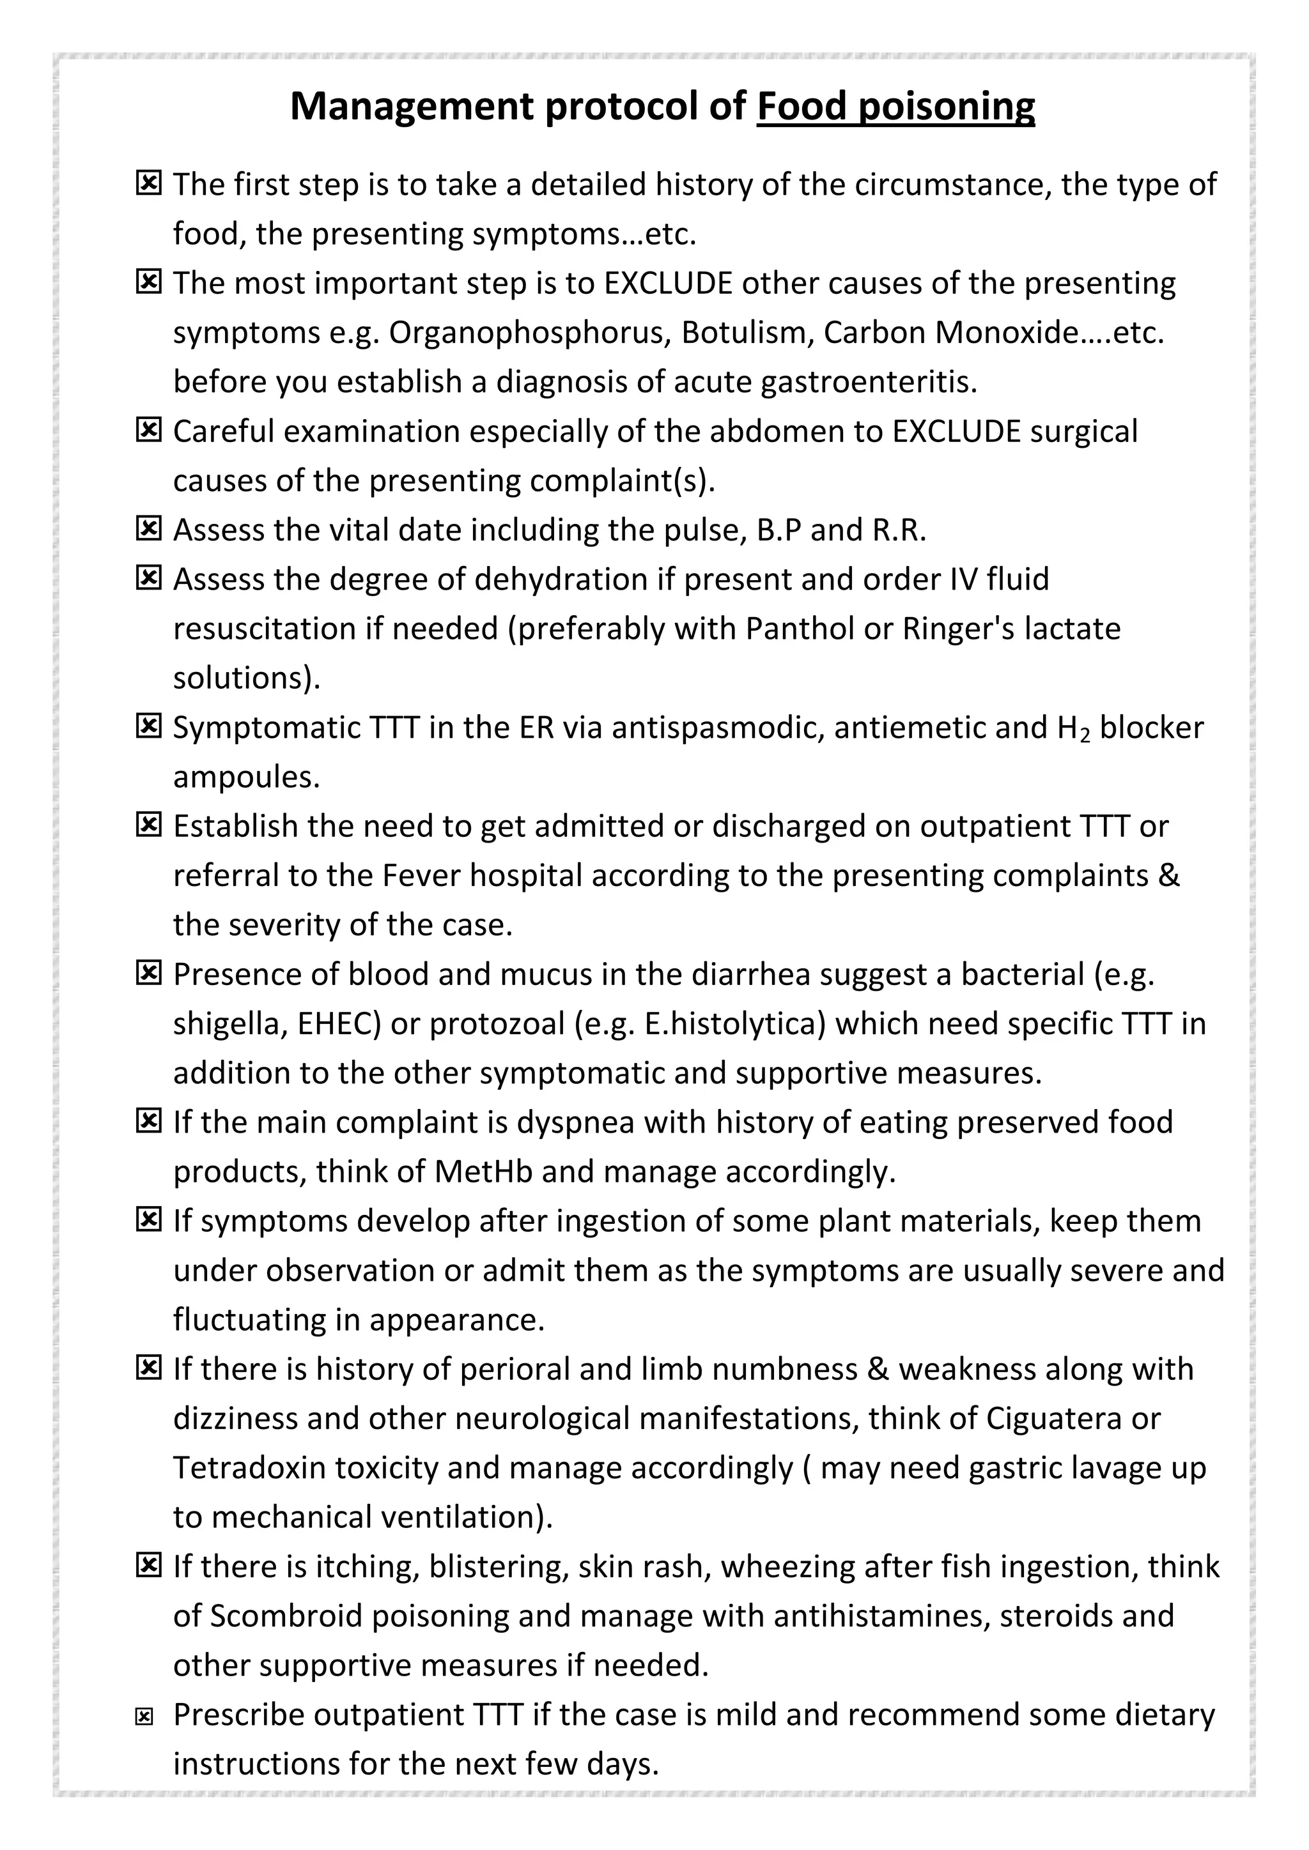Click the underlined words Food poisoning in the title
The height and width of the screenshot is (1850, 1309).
coord(895,106)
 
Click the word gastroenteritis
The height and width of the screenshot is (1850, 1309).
coord(868,382)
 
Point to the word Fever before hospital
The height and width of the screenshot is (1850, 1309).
coord(420,875)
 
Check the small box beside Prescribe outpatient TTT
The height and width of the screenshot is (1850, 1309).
coord(144,1717)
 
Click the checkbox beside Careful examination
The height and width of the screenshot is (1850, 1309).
coord(148,431)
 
